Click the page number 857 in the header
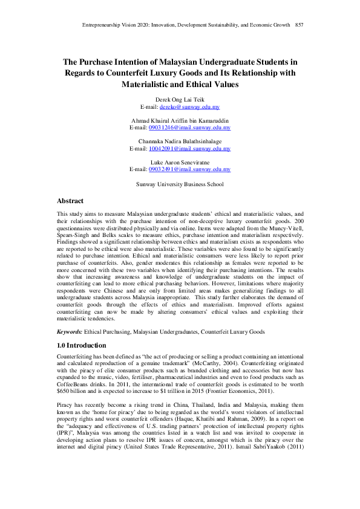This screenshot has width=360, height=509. [x=299, y=25]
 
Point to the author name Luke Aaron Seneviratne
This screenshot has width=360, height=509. [x=180, y=163]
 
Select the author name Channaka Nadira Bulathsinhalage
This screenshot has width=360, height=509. [x=180, y=141]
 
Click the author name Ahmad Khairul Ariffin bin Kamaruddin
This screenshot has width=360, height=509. [x=180, y=121]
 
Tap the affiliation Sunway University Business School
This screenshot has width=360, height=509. [x=180, y=184]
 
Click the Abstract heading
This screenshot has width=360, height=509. [x=70, y=201]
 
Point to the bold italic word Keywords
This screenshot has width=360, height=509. [x=70, y=331]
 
